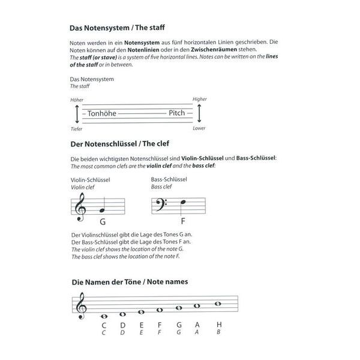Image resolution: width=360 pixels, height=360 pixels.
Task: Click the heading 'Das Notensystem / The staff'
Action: point(117,28)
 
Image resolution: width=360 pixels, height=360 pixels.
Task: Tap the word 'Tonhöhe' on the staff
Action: point(102,113)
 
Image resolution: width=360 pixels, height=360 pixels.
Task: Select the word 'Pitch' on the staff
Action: point(177,113)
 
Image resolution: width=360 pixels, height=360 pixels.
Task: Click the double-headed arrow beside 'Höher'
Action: point(77,114)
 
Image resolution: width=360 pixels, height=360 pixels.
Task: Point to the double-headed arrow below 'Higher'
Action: point(199,113)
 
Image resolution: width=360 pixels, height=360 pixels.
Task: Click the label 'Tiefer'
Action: point(76,129)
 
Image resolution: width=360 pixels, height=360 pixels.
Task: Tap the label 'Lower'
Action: point(199,128)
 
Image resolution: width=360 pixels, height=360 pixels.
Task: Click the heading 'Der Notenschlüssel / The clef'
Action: point(120,144)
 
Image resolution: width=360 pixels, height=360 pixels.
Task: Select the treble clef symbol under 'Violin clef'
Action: point(81,207)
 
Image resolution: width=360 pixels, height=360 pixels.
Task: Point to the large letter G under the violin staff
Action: point(103,222)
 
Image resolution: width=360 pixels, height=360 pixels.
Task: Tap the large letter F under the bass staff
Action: point(183,221)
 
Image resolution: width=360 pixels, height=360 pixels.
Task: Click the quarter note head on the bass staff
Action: point(183,202)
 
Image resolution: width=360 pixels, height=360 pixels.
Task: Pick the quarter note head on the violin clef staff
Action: point(102,211)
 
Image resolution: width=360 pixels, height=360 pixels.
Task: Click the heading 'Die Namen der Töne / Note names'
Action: point(130,282)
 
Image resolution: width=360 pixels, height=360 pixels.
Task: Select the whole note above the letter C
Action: point(104,316)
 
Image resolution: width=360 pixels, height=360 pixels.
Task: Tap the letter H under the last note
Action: point(219,325)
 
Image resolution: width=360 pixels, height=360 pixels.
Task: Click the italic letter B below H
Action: point(218,332)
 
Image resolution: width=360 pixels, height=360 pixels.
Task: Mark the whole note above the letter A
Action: point(197,306)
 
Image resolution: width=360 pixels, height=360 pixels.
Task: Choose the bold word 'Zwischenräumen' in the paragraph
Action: point(214,49)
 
